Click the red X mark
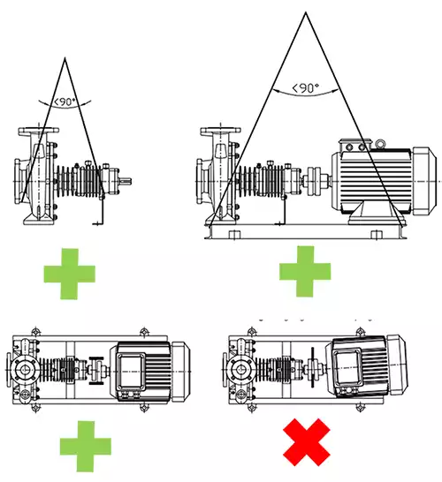click(x=307, y=441)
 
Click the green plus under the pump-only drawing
click(x=70, y=274)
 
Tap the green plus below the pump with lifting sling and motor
click(x=305, y=271)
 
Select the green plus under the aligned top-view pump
click(x=86, y=446)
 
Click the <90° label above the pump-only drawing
click(x=65, y=102)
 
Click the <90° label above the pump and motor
click(x=305, y=88)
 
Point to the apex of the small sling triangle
click(x=65, y=57)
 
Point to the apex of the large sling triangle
click(x=306, y=12)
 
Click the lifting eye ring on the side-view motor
click(x=380, y=143)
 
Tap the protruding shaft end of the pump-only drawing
click(x=126, y=181)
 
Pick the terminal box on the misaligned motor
click(x=347, y=367)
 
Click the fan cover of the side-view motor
click(x=424, y=181)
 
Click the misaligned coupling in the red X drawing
click(x=313, y=367)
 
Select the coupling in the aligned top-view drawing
click(x=96, y=371)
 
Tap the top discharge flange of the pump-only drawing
click(x=39, y=131)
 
